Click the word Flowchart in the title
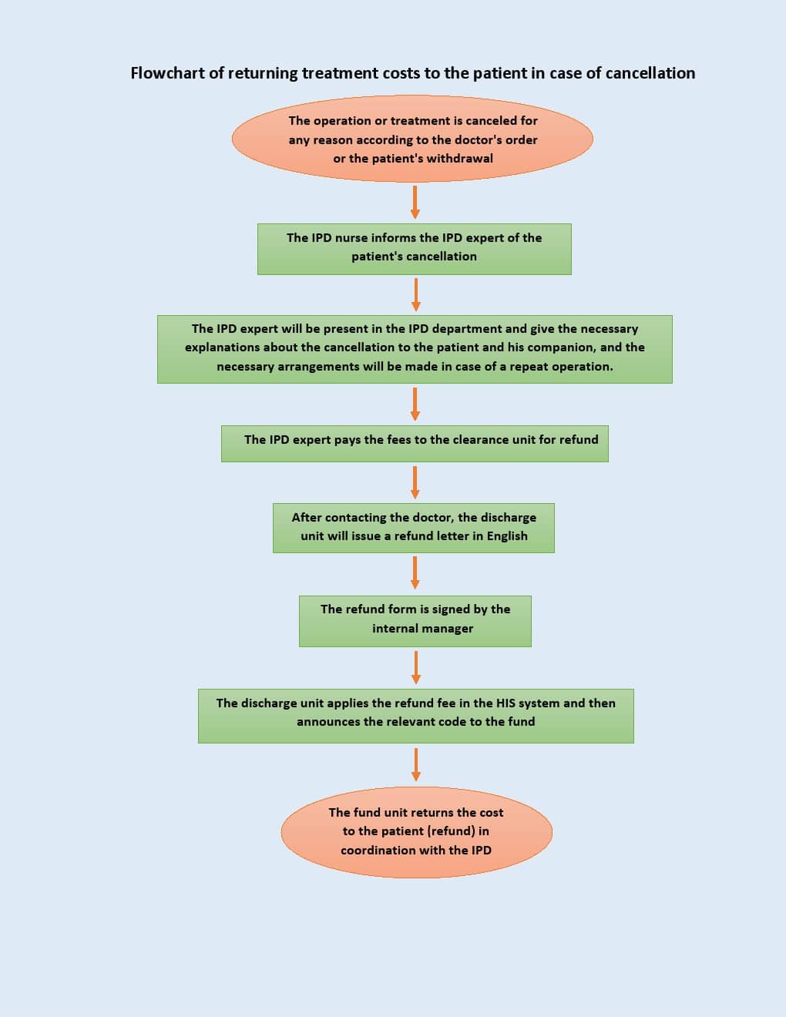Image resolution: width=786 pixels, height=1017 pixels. (x=167, y=73)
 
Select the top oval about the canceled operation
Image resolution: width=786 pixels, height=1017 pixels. (x=412, y=139)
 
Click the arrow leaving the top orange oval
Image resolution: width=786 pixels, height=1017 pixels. (x=415, y=202)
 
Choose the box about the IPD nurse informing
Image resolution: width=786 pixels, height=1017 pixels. (x=415, y=249)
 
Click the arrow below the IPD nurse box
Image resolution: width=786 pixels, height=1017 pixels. (x=415, y=295)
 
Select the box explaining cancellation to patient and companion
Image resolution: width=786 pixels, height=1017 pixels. (x=415, y=349)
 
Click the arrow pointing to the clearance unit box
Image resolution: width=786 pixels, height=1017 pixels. (x=415, y=404)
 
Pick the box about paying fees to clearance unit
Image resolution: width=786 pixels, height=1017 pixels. (x=415, y=444)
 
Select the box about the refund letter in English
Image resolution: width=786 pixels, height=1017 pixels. (x=414, y=528)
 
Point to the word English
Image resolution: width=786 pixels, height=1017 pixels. (x=507, y=536)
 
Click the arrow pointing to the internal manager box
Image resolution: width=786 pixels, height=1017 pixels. (x=415, y=572)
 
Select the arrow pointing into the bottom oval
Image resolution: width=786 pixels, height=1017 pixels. (x=415, y=765)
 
